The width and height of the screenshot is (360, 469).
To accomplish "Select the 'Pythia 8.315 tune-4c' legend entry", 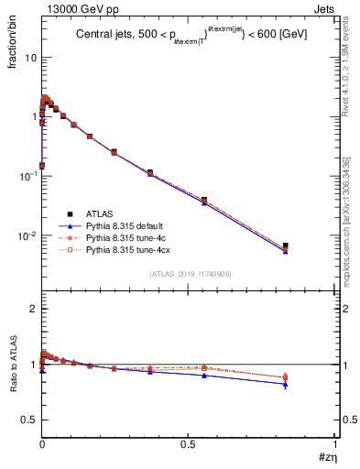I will pos(126,237).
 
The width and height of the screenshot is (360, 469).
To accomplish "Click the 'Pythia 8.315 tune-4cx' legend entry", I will pos(128,249).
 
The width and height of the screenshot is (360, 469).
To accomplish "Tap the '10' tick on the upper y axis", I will pos(31,57).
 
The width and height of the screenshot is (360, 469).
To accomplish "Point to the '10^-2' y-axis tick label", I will pos(29,235).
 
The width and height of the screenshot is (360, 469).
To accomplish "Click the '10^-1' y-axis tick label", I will pos(29,176).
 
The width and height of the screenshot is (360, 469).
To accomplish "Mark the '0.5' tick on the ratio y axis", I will pos(30,420).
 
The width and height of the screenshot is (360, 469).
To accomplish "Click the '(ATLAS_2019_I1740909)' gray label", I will pos(189,273).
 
